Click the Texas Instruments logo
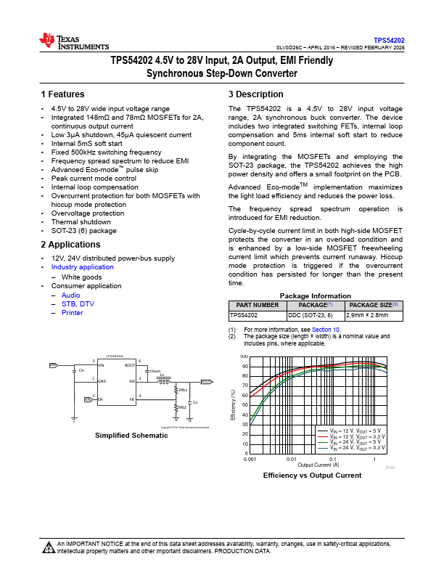click(73, 42)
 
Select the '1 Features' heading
click(63, 94)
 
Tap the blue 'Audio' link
click(71, 295)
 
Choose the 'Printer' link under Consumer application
click(73, 313)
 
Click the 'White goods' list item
click(81, 277)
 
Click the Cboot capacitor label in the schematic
click(155, 370)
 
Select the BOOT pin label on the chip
click(130, 366)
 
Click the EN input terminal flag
click(88, 399)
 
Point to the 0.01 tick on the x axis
click(291, 460)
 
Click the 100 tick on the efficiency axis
click(244, 357)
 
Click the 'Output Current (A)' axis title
click(312, 465)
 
